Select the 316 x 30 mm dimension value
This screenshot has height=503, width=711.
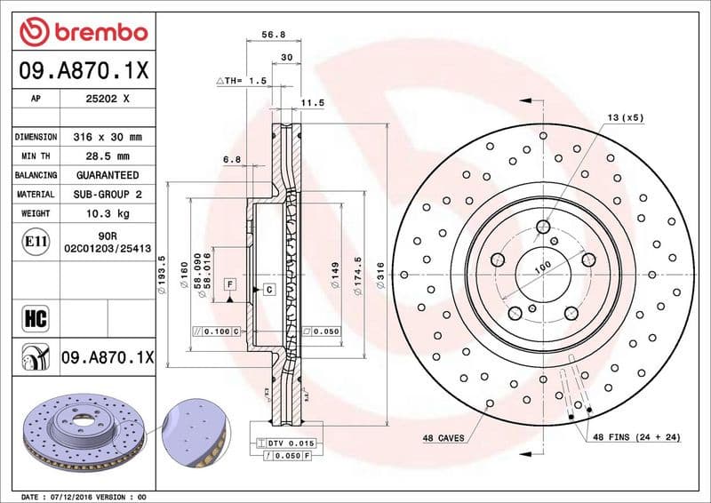point(108,137)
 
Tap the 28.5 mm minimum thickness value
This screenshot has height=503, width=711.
point(108,156)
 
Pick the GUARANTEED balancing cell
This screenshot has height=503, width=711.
point(108,175)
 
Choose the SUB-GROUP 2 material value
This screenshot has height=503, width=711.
point(108,194)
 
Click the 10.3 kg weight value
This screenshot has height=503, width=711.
point(108,213)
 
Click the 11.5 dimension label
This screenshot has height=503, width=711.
point(311,103)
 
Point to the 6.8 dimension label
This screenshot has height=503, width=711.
point(231,159)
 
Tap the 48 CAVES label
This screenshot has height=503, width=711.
point(445,438)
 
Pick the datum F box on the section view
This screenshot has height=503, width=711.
point(230,283)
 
